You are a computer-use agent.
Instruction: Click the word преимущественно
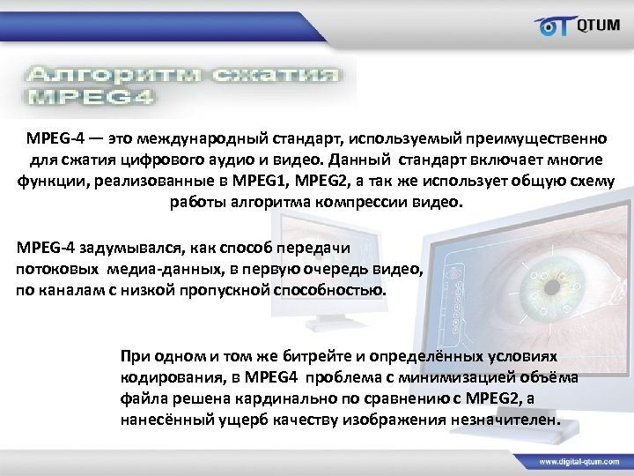click(539, 138)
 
